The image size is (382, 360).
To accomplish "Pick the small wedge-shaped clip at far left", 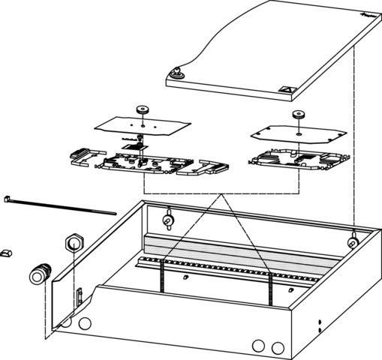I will [x=6, y=253].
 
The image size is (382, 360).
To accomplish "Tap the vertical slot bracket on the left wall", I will [x=77, y=295].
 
